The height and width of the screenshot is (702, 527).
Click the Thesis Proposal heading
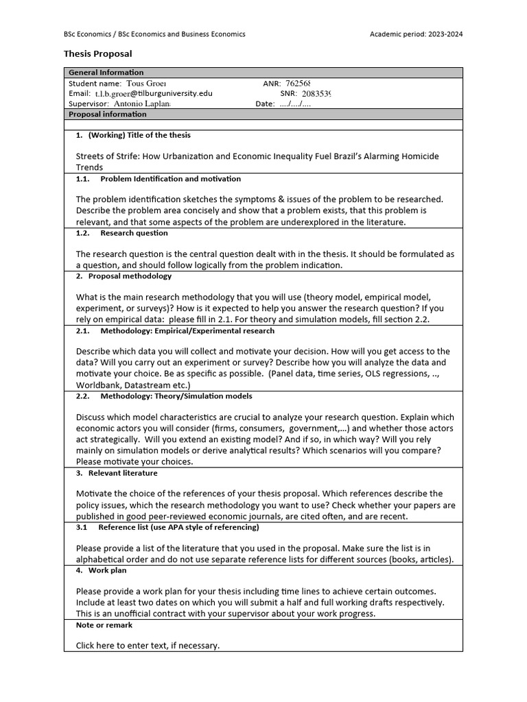point(97,53)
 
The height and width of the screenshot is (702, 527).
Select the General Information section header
point(106,73)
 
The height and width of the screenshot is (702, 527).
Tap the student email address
point(154,93)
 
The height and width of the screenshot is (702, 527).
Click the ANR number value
point(302,83)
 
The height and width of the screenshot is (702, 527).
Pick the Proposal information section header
point(108,114)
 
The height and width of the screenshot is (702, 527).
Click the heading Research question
point(134,233)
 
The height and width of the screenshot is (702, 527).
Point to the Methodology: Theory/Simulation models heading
point(176,396)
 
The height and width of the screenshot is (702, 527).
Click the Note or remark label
point(104,625)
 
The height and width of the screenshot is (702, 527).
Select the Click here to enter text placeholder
point(148,645)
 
